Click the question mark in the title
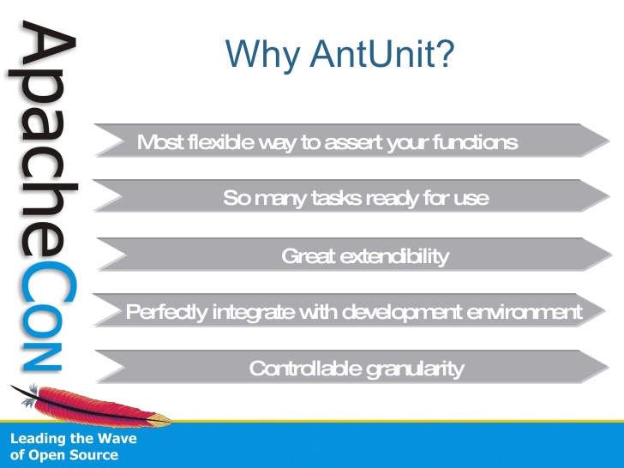(x=447, y=53)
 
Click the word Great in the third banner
(x=309, y=256)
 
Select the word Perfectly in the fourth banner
(x=167, y=312)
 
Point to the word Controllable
(x=305, y=368)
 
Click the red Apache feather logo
(x=92, y=405)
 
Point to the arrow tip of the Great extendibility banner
(x=611, y=255)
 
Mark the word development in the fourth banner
(x=402, y=313)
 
